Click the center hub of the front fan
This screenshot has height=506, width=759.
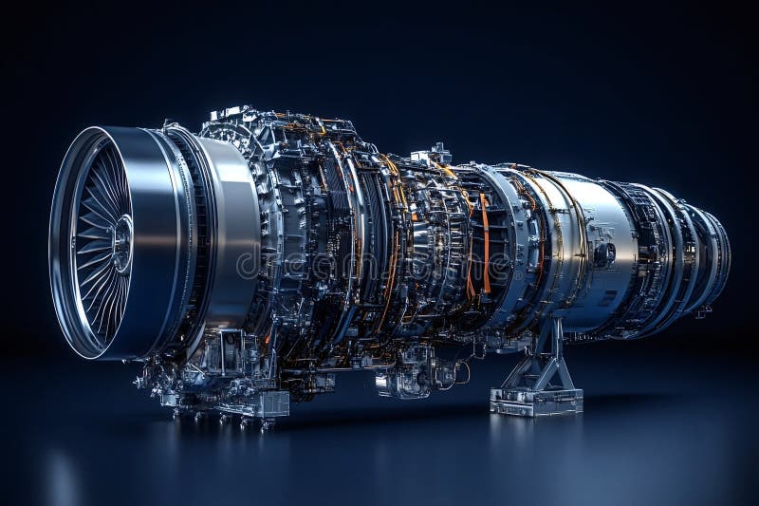[x=121, y=243]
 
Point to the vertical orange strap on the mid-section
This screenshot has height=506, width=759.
[x=486, y=243]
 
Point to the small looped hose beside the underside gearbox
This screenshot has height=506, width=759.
[x=461, y=373]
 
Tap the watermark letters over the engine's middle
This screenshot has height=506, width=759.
[x=379, y=261]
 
